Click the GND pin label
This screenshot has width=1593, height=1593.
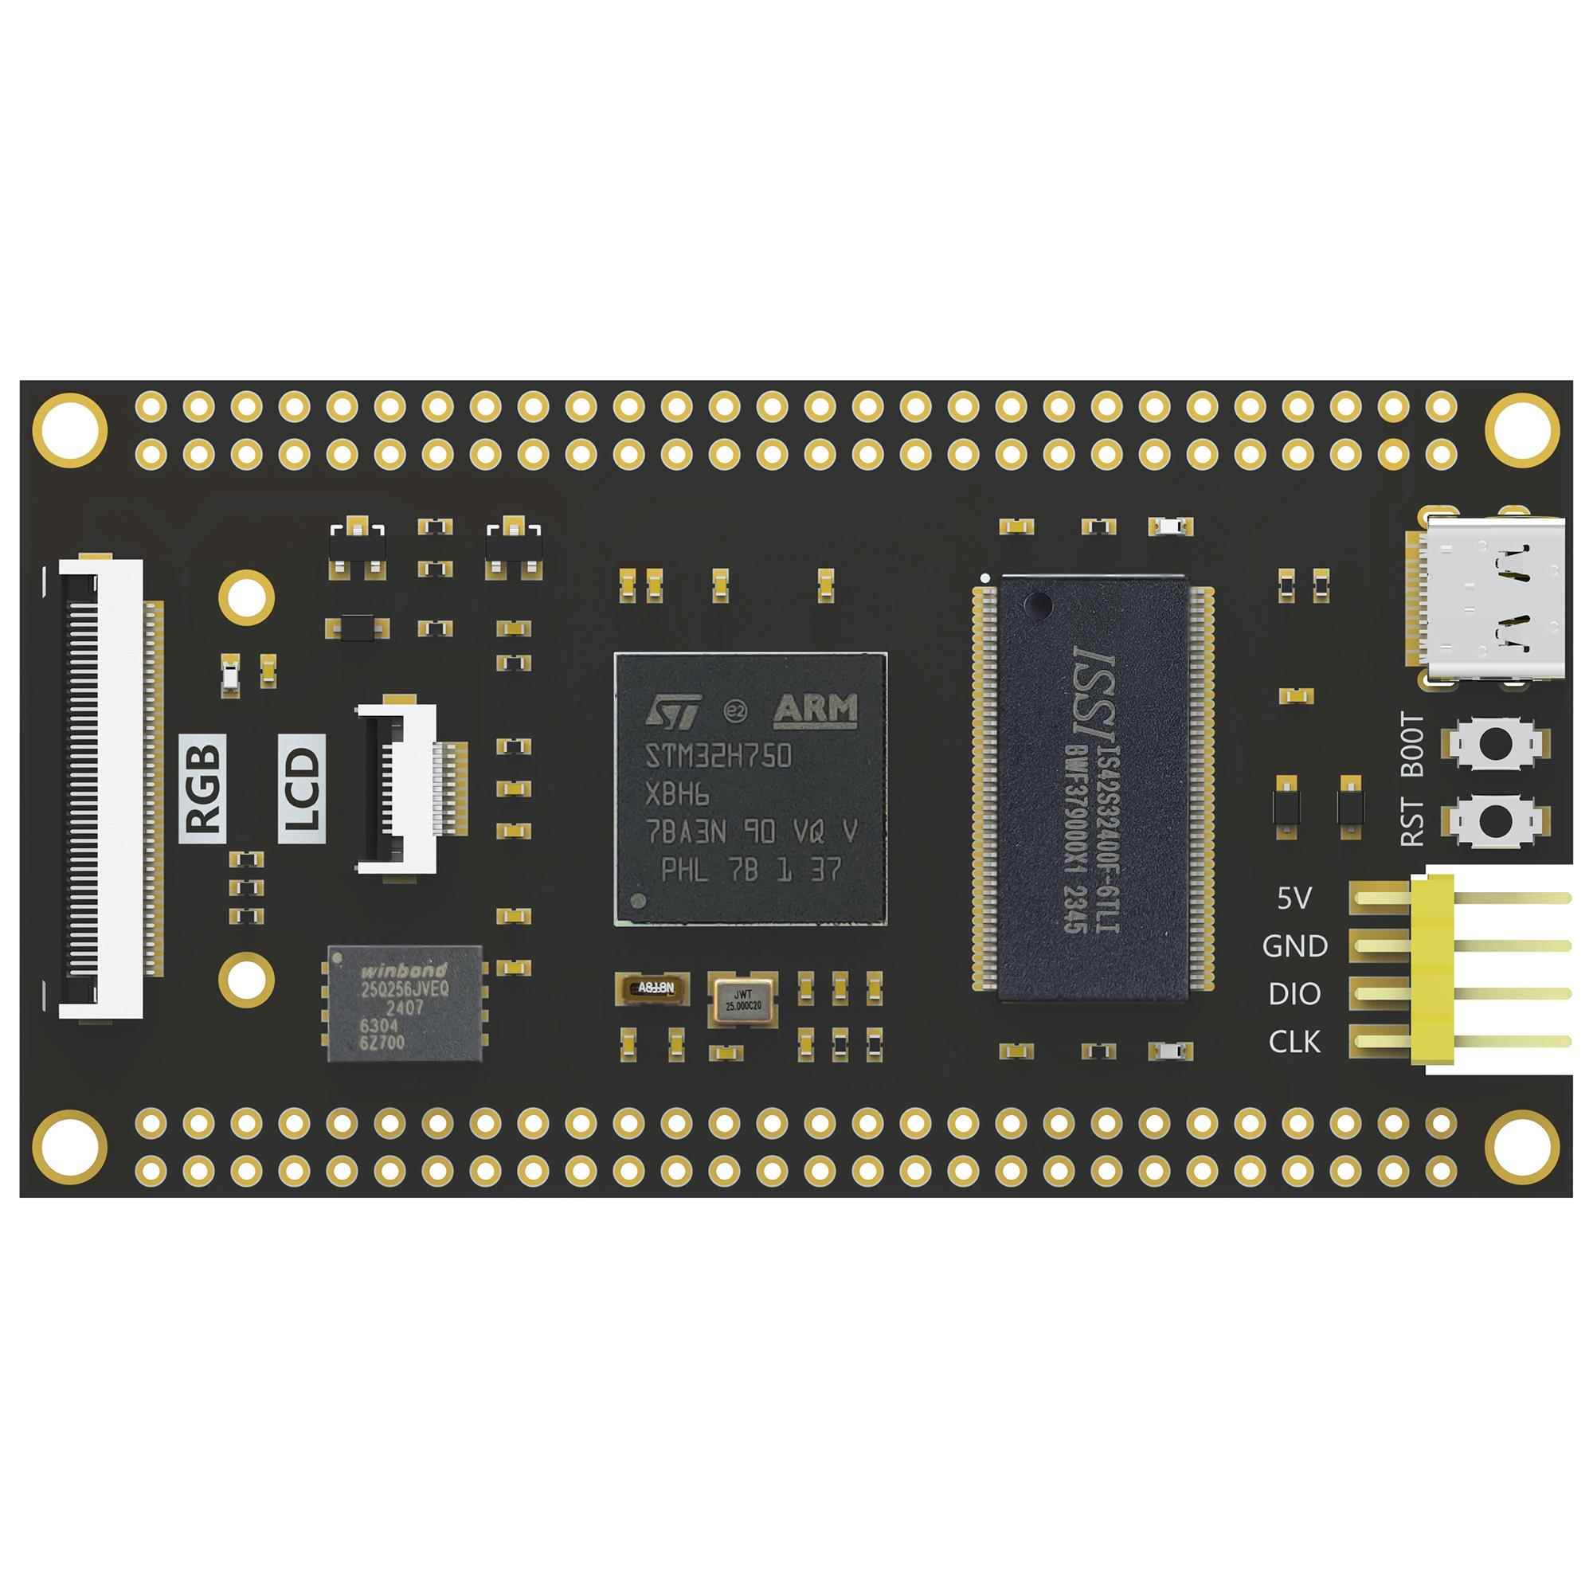point(1294,946)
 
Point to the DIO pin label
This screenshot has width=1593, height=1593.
point(1294,994)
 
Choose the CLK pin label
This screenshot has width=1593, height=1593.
point(1294,1042)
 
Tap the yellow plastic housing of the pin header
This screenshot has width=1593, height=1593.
point(1433,969)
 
